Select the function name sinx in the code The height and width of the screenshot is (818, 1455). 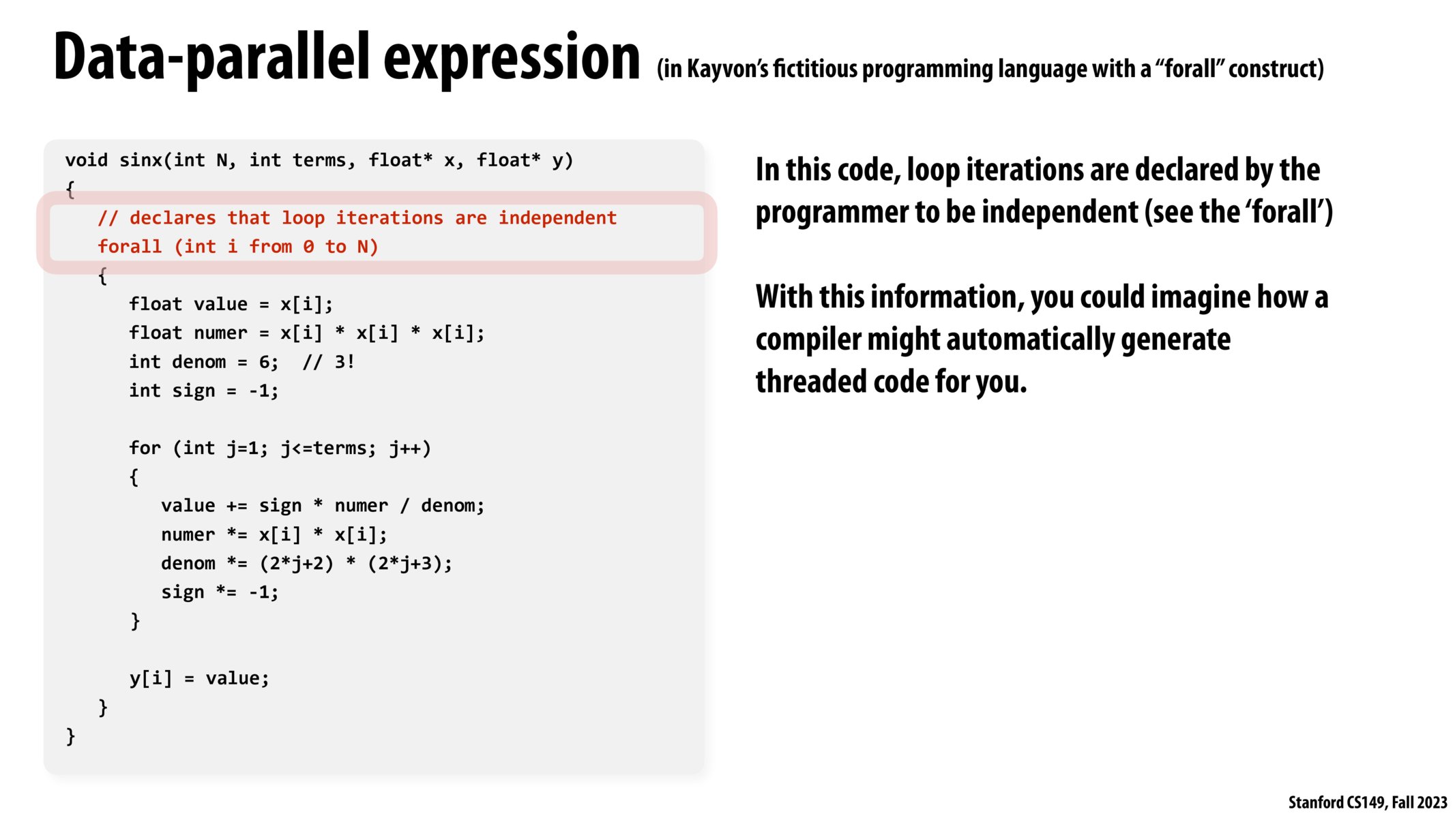(x=141, y=160)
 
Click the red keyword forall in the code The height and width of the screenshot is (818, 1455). (x=130, y=246)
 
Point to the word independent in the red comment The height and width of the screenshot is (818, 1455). (x=557, y=218)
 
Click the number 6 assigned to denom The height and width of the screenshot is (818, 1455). (x=265, y=362)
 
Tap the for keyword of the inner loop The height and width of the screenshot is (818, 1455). (x=145, y=448)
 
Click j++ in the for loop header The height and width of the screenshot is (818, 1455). (x=405, y=449)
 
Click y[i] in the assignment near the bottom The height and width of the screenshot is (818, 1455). (x=151, y=679)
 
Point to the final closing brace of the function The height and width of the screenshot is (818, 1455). (x=70, y=736)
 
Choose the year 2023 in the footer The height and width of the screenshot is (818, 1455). (x=1432, y=802)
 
